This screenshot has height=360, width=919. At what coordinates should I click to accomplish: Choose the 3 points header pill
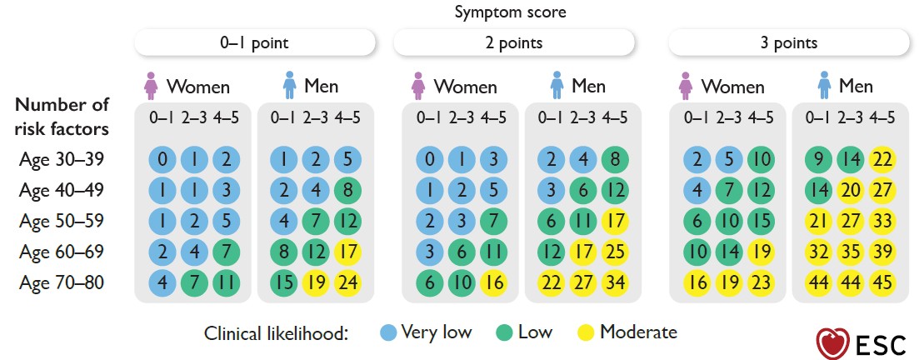coord(788,42)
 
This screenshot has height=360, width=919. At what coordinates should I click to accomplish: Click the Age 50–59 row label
coord(62,221)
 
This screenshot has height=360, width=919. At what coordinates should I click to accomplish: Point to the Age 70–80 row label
coord(62,282)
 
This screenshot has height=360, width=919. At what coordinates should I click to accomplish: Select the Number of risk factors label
coord(62,117)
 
